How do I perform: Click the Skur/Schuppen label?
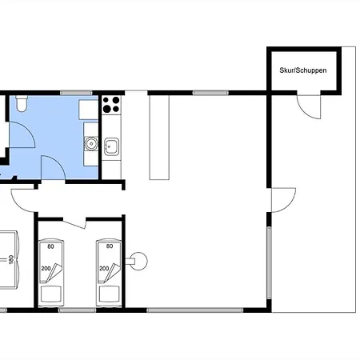pyautogui.click(x=303, y=70)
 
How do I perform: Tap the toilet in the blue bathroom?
pyautogui.click(x=22, y=104)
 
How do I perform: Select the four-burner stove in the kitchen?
pyautogui.click(x=111, y=105)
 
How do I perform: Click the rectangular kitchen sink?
pyautogui.click(x=111, y=146)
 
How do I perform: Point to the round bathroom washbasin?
pyautogui.click(x=91, y=144)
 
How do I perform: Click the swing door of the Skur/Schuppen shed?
pyautogui.click(x=309, y=106)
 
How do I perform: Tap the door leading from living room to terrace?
pyautogui.click(x=283, y=200)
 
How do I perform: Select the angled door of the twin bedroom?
pyautogui.click(x=74, y=223)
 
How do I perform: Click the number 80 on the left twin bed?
pyautogui.click(x=50, y=246)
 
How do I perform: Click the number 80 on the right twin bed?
pyautogui.click(x=110, y=246)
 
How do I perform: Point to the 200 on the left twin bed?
pyautogui.click(x=46, y=268)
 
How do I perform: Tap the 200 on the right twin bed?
pyautogui.click(x=104, y=268)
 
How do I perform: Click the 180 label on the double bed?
pyautogui.click(x=11, y=259)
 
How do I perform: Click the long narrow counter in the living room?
pyautogui.click(x=159, y=138)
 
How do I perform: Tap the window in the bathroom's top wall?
pyautogui.click(x=76, y=93)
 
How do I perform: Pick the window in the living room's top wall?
pyautogui.click(x=210, y=93)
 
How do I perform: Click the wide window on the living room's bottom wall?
pyautogui.click(x=195, y=310)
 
